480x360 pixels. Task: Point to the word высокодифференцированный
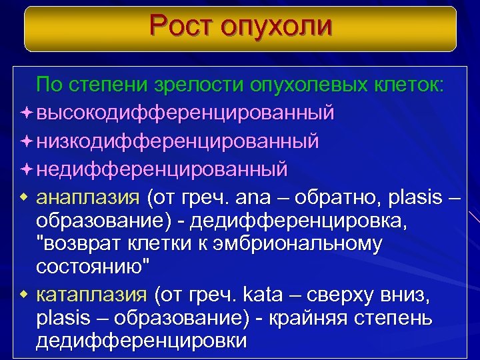[185, 113]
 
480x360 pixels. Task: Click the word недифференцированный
[162, 169]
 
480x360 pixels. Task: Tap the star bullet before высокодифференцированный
[25, 113]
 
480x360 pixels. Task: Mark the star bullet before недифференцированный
[25, 169]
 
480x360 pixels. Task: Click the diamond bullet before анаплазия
[25, 197]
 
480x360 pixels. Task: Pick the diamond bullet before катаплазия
[25, 293]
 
